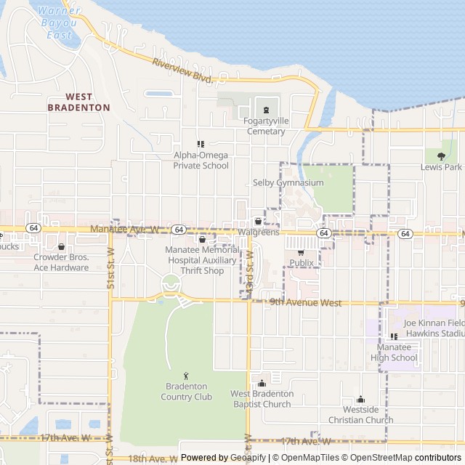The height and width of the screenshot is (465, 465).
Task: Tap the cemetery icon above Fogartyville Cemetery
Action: tap(266, 110)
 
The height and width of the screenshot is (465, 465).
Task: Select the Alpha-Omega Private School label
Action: tap(201, 160)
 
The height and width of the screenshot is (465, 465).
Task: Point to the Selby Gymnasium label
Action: tap(288, 182)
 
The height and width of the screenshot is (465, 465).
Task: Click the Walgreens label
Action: tap(258, 232)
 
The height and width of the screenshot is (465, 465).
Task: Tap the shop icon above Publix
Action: tap(301, 252)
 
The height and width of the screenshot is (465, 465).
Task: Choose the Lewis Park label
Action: tap(441, 166)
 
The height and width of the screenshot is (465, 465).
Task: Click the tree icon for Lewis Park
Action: tap(441, 154)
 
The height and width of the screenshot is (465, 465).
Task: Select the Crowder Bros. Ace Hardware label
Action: tap(61, 262)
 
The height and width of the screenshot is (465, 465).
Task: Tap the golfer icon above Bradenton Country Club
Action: tap(187, 376)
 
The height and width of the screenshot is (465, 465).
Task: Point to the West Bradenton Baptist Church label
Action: tap(262, 398)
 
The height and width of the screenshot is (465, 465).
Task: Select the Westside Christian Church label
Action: tap(360, 415)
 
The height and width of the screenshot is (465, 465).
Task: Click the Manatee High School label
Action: tap(394, 352)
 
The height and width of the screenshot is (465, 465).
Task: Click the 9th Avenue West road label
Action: tap(304, 302)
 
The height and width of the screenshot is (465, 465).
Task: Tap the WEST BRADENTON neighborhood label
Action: tap(78, 102)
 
